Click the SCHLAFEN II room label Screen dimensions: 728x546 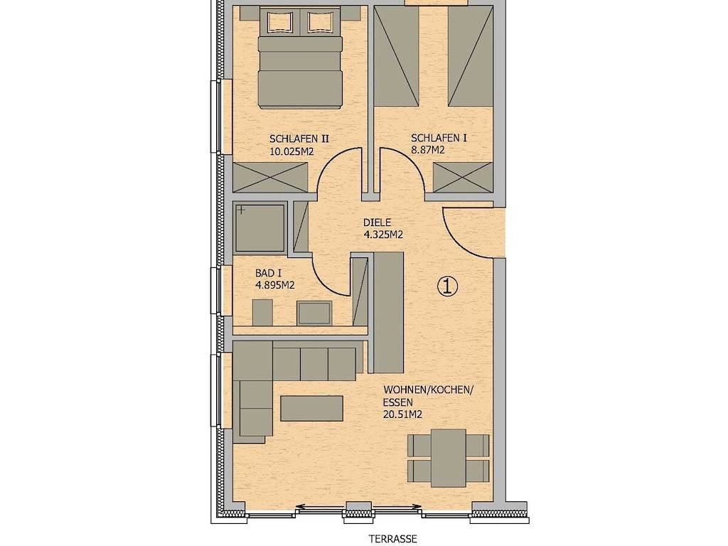click(299, 139)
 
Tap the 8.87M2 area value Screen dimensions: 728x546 click(427, 150)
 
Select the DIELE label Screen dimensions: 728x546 click(377, 223)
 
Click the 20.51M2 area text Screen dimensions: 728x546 click(402, 415)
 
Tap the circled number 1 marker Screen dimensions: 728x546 click(448, 287)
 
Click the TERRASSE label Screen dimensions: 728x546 click(392, 539)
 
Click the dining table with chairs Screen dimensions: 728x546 click(448, 458)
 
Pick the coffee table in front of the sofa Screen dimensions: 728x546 click(311, 409)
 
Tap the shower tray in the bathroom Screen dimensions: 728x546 click(260, 228)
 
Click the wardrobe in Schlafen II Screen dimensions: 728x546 click(269, 177)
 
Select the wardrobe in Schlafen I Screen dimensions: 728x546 click(463, 177)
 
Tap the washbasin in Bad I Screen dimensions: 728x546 click(314, 313)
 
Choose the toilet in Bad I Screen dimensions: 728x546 click(262, 313)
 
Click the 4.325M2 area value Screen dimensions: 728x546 click(383, 235)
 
